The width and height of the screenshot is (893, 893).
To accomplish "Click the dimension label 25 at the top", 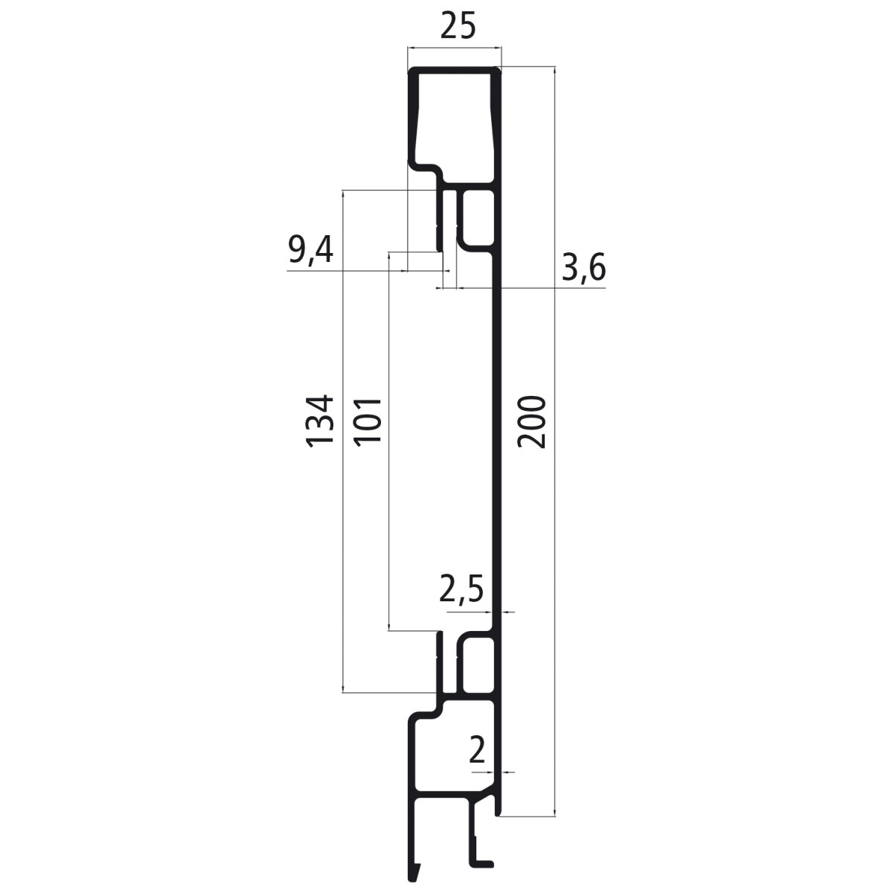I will [x=457, y=27].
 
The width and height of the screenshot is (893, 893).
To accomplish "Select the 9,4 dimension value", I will [x=310, y=251].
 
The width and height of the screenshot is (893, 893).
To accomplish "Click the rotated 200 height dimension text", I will [x=533, y=422].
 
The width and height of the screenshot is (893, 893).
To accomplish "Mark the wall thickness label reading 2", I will [x=477, y=751].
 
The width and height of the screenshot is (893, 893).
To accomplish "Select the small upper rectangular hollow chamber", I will [x=477, y=217].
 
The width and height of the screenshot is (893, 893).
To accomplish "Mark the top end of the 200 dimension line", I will [x=555, y=68].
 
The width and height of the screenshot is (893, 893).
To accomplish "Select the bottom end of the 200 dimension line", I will [x=555, y=816].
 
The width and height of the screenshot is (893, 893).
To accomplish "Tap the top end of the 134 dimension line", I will [x=342, y=191].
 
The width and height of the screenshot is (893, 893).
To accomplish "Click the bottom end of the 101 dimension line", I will [x=389, y=631].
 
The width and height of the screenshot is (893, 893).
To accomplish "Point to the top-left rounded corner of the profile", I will [x=411, y=71].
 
